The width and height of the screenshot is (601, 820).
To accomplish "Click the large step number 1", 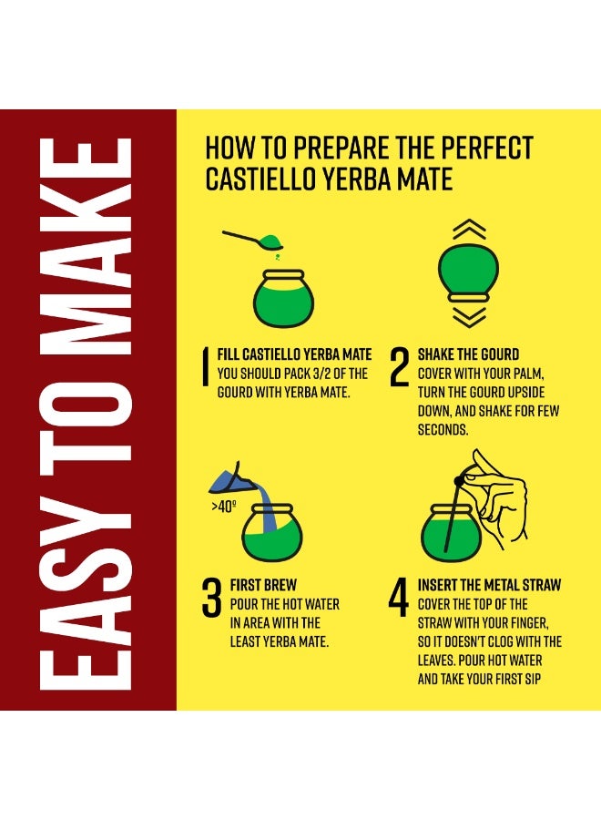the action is tap(206, 366).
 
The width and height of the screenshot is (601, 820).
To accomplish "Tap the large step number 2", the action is tap(400, 367).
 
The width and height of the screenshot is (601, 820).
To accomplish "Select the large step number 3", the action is tap(211, 598).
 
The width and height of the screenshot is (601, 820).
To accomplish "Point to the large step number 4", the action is tap(399, 597).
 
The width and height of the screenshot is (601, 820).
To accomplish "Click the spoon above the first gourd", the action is tap(253, 240).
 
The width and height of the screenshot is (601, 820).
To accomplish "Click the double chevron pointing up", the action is tap(469, 229).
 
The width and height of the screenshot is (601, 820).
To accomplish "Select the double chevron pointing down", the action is tap(469, 317).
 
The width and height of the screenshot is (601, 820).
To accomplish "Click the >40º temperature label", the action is tap(224, 507).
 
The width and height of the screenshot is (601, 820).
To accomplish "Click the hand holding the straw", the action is tap(499, 497).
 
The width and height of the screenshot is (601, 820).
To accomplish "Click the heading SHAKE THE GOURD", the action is tap(468, 354).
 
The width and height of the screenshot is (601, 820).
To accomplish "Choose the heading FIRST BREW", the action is tap(263, 585).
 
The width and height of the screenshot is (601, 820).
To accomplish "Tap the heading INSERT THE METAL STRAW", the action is tap(489, 585).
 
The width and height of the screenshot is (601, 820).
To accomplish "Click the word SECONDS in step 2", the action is tap(443, 430).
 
